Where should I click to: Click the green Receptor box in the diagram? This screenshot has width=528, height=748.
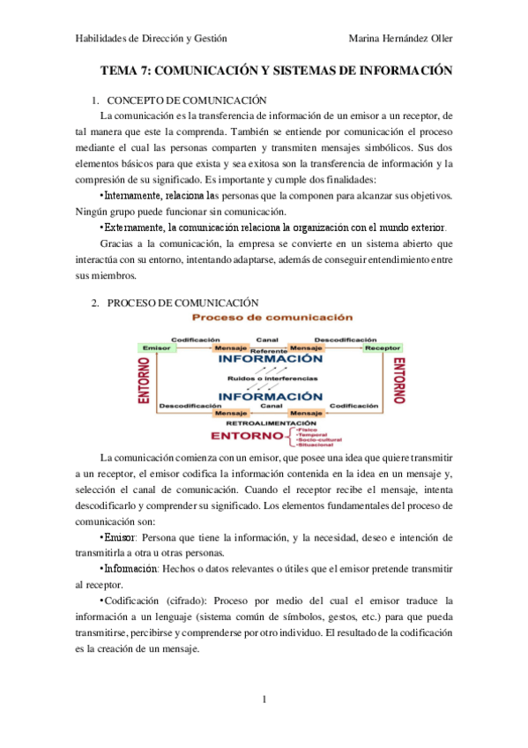pos(383,348)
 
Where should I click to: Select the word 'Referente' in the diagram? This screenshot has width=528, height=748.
pos(268,350)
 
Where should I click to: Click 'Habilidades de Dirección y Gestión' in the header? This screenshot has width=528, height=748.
pos(151,38)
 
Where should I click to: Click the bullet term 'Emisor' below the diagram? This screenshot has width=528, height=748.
pos(121,537)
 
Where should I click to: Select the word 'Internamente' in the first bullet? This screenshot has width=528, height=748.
pos(132,195)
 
